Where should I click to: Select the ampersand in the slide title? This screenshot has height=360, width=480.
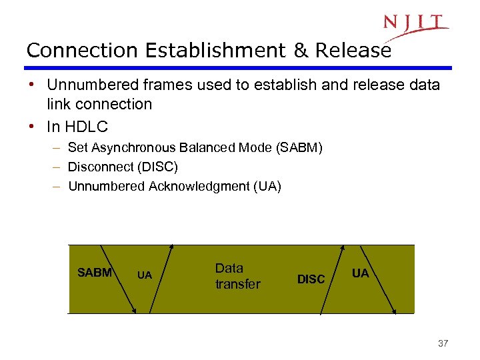pyautogui.click(x=299, y=51)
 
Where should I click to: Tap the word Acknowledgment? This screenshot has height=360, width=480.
pyautogui.click(x=199, y=186)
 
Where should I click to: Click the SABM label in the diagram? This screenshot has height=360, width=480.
pyautogui.click(x=94, y=272)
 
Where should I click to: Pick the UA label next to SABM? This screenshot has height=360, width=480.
pyautogui.click(x=145, y=275)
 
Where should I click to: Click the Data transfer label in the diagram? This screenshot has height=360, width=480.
pyautogui.click(x=237, y=276)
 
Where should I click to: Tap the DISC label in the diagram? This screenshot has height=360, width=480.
pyautogui.click(x=311, y=279)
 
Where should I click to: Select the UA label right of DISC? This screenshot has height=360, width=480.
pyautogui.click(x=360, y=273)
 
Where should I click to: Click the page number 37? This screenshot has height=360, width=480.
pyautogui.click(x=443, y=343)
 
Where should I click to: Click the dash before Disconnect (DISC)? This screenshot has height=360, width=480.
pyautogui.click(x=59, y=167)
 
